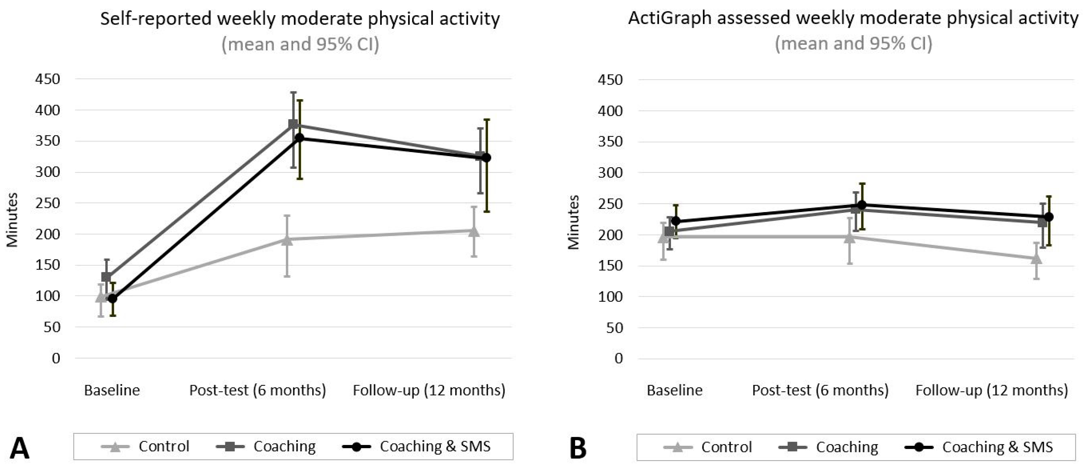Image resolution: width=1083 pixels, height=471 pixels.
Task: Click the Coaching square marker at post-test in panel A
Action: pos(293,124)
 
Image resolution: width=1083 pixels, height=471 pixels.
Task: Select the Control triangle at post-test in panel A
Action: pos(287,240)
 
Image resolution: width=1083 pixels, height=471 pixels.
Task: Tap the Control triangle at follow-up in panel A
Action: pos(474,231)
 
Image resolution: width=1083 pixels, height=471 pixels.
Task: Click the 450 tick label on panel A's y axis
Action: pos(48,79)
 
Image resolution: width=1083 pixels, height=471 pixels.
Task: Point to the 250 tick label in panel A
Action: pos(48,203)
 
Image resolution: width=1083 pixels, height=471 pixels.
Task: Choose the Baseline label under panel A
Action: pos(112,390)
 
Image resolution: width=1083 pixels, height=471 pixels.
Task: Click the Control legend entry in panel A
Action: pos(146,446)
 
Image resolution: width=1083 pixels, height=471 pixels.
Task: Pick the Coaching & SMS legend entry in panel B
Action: pos(979,447)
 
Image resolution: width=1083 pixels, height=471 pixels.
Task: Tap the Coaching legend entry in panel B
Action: pos(829,447)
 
